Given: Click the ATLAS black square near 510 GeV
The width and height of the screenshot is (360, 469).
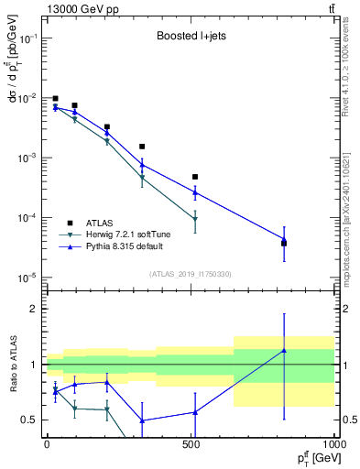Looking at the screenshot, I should point(194,177).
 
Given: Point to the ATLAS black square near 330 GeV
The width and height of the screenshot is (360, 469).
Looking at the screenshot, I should point(142,147).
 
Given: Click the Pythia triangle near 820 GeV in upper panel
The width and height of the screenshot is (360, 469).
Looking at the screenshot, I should point(283,240).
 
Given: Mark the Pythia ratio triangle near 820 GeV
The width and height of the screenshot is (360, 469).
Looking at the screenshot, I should point(283,351).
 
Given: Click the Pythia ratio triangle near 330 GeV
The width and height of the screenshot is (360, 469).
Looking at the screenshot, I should point(142,420).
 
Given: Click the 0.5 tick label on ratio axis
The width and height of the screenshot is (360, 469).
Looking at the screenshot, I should point(32,420).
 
